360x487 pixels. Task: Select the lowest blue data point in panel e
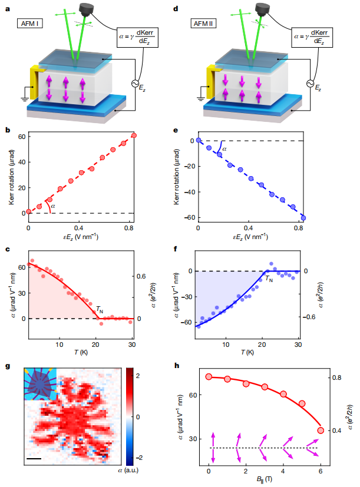coord(303,218)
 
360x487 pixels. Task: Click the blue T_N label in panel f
coord(268,279)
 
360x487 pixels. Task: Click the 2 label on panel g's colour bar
coord(137,375)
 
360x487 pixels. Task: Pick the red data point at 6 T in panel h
coord(321,430)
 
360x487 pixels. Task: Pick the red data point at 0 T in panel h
coord(209,377)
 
